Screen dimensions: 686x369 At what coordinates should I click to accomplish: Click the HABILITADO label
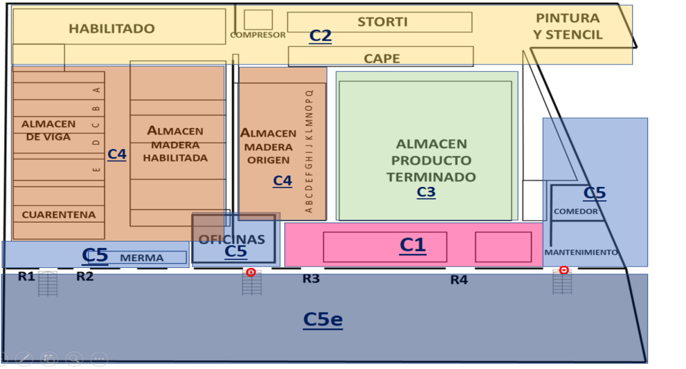click(x=111, y=29)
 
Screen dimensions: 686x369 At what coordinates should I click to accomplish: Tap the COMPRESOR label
click(x=258, y=35)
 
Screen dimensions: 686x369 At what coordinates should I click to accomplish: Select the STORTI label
click(x=383, y=22)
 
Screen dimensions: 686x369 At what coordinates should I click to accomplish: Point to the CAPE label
click(x=381, y=58)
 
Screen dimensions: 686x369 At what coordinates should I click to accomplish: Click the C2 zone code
click(x=320, y=35)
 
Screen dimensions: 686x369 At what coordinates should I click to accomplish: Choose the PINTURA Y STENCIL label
click(x=568, y=26)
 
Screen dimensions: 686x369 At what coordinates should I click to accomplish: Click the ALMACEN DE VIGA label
click(x=49, y=130)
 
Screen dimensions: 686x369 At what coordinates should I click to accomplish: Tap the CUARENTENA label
click(x=58, y=215)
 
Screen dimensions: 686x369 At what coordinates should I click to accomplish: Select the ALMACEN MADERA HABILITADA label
click(x=175, y=144)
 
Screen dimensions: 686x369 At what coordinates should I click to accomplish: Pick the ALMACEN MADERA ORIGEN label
click(x=268, y=146)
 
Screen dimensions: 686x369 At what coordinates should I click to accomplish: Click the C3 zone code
click(x=426, y=192)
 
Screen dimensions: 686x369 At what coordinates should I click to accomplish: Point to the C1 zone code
click(x=413, y=245)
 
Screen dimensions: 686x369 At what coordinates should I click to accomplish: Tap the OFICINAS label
click(x=232, y=239)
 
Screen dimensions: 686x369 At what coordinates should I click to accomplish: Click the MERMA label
click(x=142, y=258)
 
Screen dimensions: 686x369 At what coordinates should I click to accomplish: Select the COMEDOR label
click(x=576, y=212)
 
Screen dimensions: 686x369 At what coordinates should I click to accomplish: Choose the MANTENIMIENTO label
click(x=581, y=253)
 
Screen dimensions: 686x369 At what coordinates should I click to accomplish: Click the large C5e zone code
click(x=323, y=320)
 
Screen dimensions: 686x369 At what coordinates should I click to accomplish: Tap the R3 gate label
click(x=311, y=279)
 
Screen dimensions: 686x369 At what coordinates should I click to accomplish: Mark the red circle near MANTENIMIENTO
click(x=564, y=270)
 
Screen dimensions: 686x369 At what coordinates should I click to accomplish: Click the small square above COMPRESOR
click(x=258, y=19)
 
